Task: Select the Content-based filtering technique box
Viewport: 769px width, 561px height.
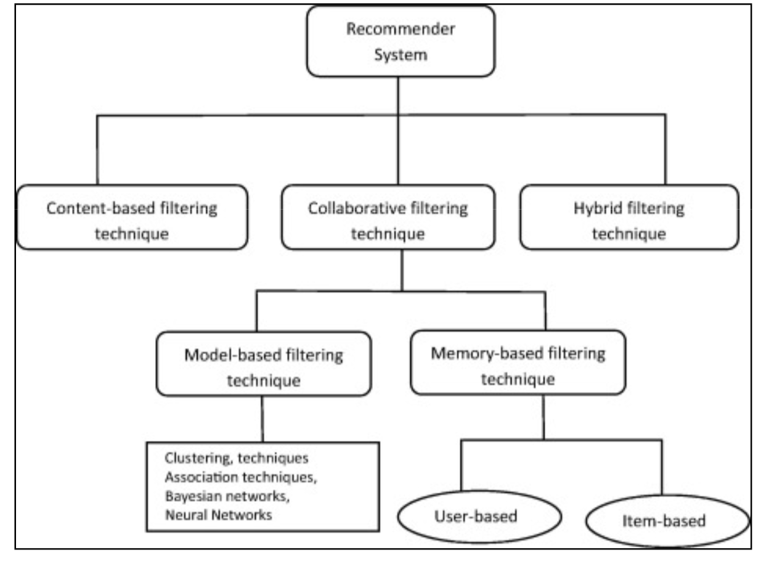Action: coord(132,217)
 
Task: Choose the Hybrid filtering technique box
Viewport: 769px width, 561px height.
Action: coord(629,217)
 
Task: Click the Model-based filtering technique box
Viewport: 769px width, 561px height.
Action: coord(264,364)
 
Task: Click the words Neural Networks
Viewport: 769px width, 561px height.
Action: coord(218,515)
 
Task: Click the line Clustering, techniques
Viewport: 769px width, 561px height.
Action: coord(237,459)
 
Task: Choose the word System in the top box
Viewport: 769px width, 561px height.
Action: coord(400,54)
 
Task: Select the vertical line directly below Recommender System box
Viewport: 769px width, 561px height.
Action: coord(399,96)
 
